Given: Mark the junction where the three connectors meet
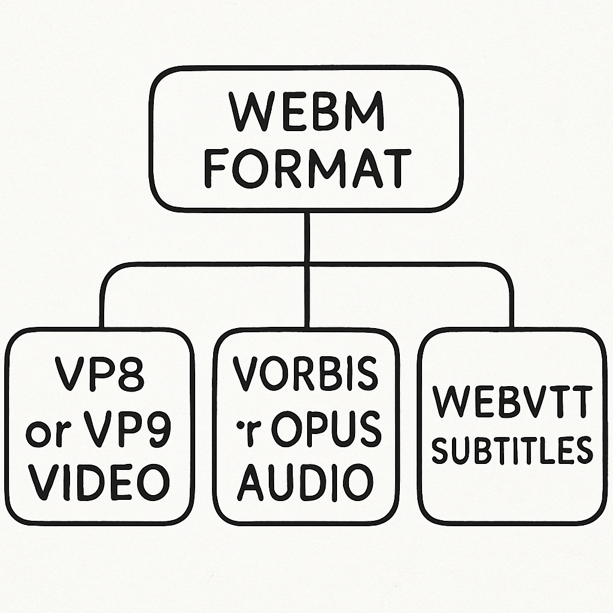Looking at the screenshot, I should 306,264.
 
